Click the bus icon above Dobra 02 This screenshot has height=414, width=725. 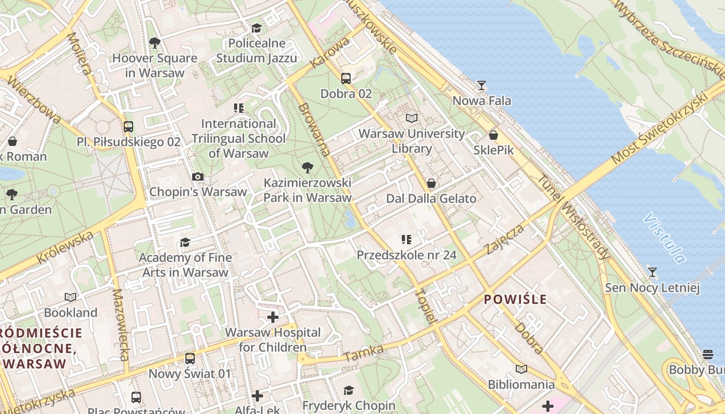pyautogui.click(x=346, y=79)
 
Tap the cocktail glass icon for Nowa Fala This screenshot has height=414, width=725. pyautogui.click(x=482, y=85)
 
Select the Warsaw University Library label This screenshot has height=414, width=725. pyautogui.click(x=412, y=141)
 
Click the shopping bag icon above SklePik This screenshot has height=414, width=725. pyautogui.click(x=494, y=135)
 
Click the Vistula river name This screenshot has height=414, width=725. pyautogui.click(x=664, y=239)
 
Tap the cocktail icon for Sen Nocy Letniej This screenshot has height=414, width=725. pyautogui.click(x=653, y=272)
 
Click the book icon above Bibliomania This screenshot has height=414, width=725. pyautogui.click(x=521, y=369)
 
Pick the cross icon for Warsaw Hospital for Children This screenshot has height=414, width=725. pyautogui.click(x=273, y=317)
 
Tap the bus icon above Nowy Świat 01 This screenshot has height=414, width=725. pyautogui.click(x=190, y=358)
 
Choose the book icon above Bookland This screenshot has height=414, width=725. pyautogui.click(x=70, y=297)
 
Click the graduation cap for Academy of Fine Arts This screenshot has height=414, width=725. pyautogui.click(x=185, y=242)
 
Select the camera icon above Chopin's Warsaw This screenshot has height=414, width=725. pyautogui.click(x=198, y=176)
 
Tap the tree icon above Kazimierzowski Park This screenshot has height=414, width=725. pyautogui.click(x=308, y=167)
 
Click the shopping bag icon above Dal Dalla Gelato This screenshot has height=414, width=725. pyautogui.click(x=431, y=183)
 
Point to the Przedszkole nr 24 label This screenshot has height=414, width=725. pyautogui.click(x=407, y=255)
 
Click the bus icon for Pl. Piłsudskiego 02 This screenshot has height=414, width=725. pyautogui.click(x=128, y=126)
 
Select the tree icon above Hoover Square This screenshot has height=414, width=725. pyautogui.click(x=154, y=42)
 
